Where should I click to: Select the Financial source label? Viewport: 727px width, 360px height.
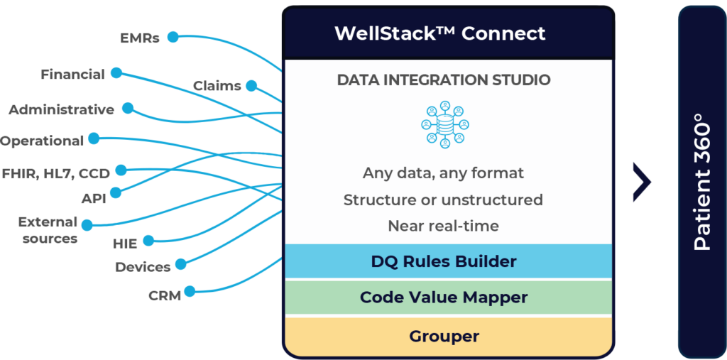coord(73,74)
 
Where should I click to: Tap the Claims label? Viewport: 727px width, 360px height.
coord(217,86)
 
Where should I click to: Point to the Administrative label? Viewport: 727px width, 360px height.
coord(61,110)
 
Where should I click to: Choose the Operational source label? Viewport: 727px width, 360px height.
coord(42,141)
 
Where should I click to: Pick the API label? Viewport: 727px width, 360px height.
coord(93,199)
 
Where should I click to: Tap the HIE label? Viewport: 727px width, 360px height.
coord(125,244)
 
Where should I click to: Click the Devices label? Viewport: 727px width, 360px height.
coord(143,267)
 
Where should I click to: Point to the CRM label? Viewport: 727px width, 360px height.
coord(165,295)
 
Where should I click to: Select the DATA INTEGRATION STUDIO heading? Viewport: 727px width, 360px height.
coord(444,80)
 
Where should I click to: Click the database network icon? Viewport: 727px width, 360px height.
coord(444,124)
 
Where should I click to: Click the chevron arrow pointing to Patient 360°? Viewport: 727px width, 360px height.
coord(643,182)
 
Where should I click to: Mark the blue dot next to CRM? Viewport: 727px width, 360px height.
coord(189,290)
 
